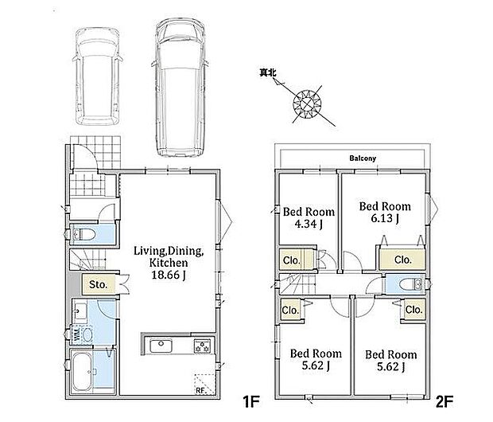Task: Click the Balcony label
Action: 363,158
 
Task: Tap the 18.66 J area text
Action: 169,275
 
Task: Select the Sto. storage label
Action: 98,285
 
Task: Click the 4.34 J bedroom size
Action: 309,224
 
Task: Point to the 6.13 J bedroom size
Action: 385,218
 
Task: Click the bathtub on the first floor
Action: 83,371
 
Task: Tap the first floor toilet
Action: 83,234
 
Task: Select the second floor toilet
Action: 410,284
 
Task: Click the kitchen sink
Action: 161,346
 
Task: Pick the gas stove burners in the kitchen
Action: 202,346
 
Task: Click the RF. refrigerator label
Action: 200,390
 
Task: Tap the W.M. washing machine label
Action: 76,334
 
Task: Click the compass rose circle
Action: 307,104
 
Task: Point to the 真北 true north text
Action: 267,72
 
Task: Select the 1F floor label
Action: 250,401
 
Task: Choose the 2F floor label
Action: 444,401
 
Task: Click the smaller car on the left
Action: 98,76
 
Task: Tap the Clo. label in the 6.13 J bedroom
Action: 403,260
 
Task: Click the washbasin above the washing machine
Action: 80,311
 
